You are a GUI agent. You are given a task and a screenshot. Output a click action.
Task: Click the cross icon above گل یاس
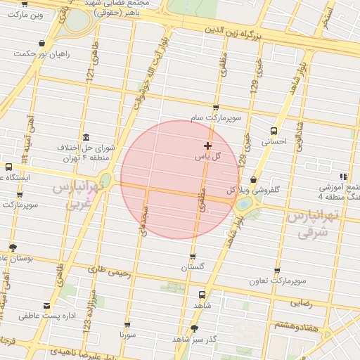click(x=207, y=146)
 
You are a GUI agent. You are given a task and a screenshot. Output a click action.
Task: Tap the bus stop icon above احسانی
click(x=274, y=130)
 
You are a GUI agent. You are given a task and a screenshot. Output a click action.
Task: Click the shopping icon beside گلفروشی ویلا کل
click(x=252, y=180)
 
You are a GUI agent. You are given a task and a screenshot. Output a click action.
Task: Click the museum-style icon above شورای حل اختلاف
click(x=86, y=137)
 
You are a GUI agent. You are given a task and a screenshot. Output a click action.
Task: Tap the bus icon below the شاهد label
click(x=202, y=295)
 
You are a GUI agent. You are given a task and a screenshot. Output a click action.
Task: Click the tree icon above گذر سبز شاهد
click(x=194, y=328)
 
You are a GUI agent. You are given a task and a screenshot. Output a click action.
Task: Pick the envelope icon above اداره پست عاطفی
click(x=47, y=306)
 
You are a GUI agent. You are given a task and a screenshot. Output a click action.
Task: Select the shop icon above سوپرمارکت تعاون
click(x=276, y=270)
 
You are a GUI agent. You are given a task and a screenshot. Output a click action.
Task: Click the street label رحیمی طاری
click(x=105, y=269)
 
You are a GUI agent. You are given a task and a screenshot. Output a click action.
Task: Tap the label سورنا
click(x=127, y=337)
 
